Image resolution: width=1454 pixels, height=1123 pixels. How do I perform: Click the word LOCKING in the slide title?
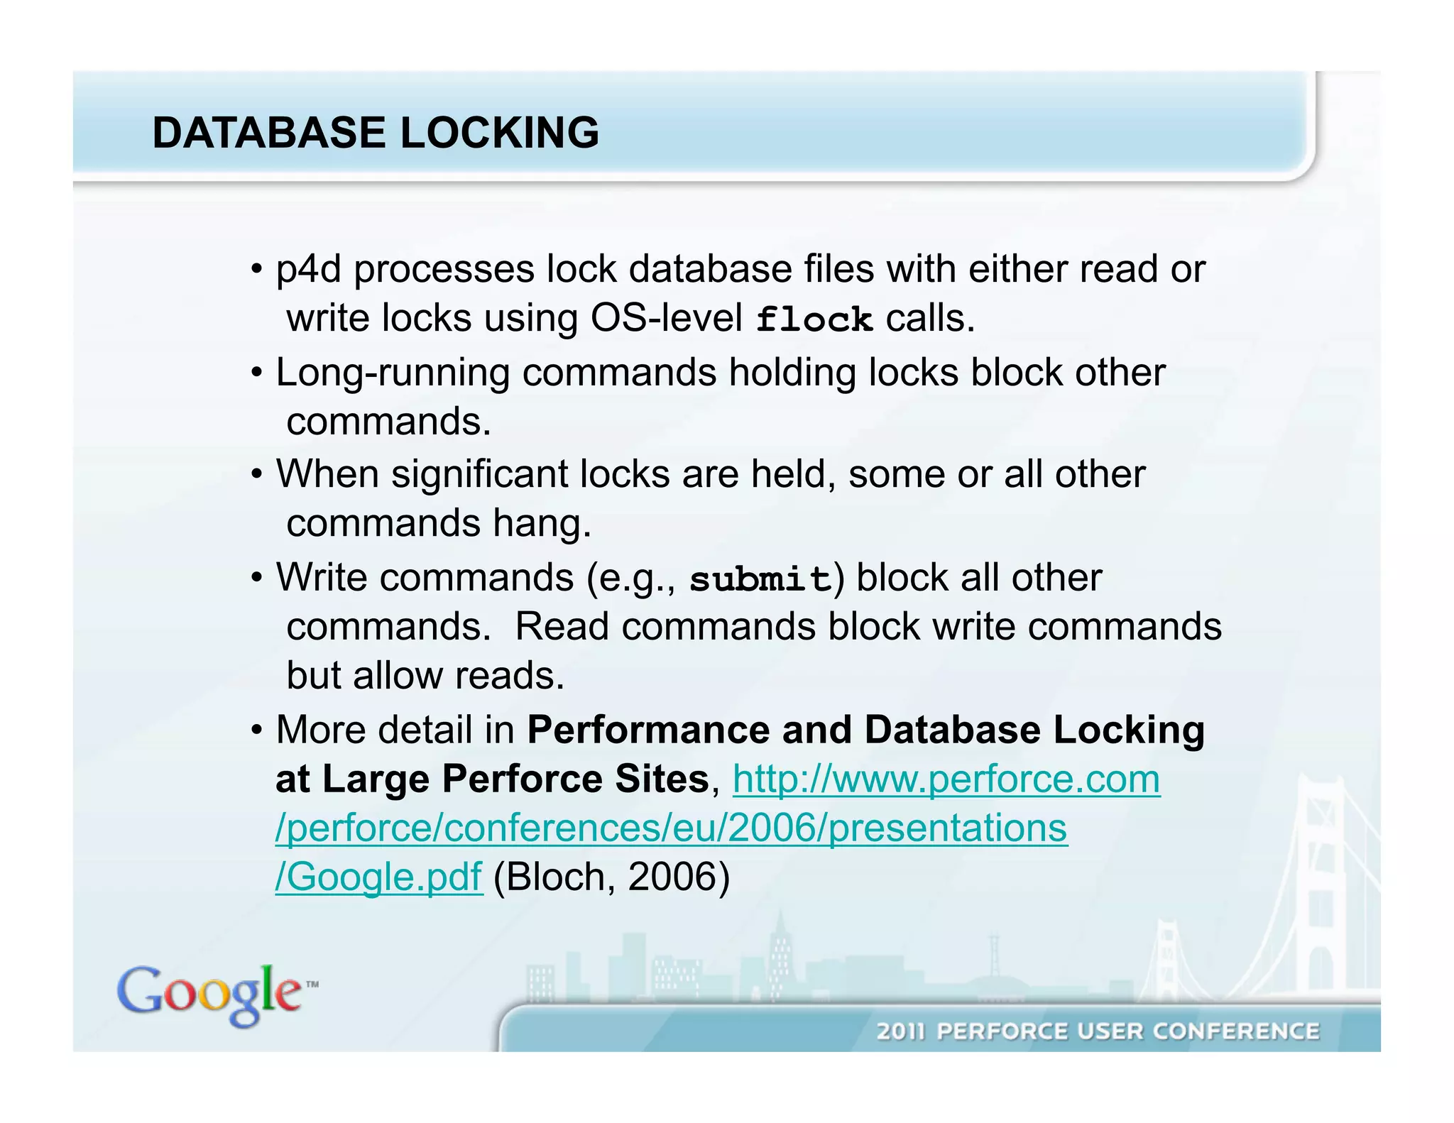coord(500,133)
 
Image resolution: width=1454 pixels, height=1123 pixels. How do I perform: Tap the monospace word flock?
coord(814,319)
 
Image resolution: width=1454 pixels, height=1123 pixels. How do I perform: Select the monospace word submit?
coord(760,579)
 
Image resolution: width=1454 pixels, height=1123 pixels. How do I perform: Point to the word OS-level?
coord(667,318)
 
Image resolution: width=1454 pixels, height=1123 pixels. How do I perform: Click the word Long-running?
coord(393,373)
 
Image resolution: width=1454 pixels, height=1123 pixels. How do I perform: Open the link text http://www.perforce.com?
coord(946,779)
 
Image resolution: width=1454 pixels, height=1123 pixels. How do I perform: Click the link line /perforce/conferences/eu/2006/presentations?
coord(671,828)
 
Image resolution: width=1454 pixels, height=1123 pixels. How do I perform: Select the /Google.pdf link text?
coord(378,877)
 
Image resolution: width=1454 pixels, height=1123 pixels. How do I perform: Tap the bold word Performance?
coord(648,730)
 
